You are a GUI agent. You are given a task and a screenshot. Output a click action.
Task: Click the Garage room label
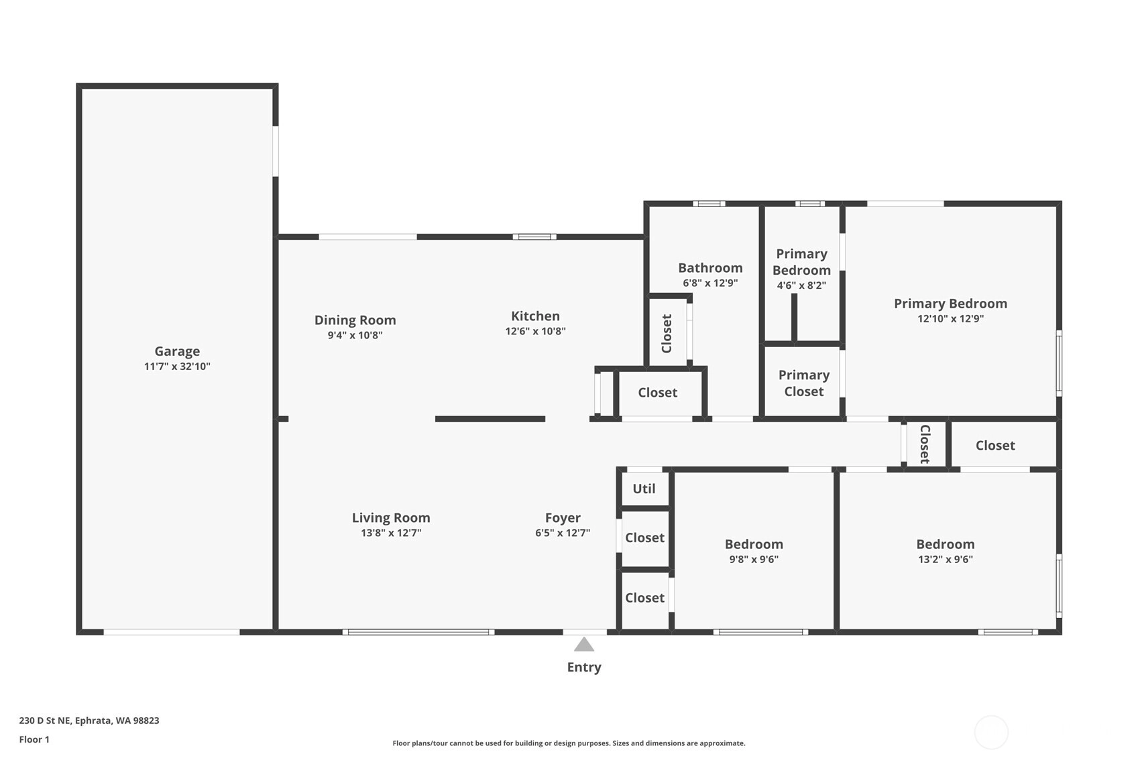pos(177,351)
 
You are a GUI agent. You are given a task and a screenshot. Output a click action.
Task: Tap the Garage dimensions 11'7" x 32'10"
pos(177,367)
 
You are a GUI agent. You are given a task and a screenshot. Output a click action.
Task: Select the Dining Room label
pos(355,320)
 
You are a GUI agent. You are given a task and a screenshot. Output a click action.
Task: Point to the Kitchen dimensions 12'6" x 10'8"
pos(535,332)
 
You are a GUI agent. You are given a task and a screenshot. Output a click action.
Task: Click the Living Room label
pos(391,518)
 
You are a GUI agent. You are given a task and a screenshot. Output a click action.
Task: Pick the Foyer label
pos(563,518)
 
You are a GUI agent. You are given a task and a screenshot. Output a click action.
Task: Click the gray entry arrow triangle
pos(584,644)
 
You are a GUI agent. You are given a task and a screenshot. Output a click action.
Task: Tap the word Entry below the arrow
pos(584,667)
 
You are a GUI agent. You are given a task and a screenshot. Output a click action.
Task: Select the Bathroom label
pos(710,268)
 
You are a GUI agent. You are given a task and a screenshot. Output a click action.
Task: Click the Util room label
pos(644,489)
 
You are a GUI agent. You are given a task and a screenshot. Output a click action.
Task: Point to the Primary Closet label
pos(804,383)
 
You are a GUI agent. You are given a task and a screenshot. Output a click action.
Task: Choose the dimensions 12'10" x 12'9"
pos(950,319)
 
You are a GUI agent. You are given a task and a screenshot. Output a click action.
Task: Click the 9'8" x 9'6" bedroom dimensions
pos(754,560)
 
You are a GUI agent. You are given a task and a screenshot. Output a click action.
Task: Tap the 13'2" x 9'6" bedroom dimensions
pos(946,560)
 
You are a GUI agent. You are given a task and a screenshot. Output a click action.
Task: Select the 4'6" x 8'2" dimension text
pos(801,286)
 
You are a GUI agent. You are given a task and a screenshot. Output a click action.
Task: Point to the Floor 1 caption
pos(35,740)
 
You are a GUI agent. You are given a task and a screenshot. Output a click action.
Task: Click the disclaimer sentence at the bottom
pos(569,743)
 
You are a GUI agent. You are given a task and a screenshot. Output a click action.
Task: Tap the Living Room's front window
pos(418,632)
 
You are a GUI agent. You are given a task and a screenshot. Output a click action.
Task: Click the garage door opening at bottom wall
pos(172,632)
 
